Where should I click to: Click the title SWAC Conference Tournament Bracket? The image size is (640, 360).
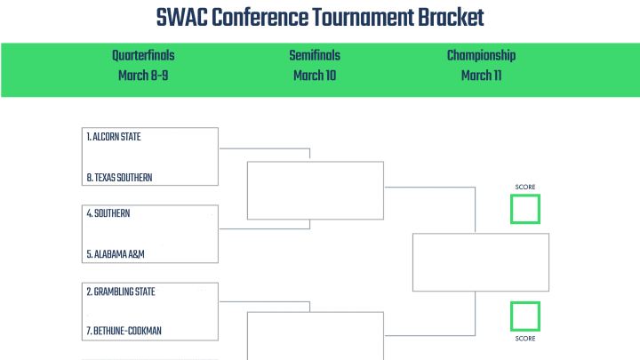(320, 18)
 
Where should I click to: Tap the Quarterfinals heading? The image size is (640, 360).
(143, 55)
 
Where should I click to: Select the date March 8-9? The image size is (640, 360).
(143, 76)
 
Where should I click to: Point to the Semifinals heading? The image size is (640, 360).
(315, 55)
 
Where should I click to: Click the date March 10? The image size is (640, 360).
(315, 76)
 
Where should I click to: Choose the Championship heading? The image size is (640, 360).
(481, 55)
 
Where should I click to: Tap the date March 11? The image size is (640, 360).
(481, 76)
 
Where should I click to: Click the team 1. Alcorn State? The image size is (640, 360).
(114, 137)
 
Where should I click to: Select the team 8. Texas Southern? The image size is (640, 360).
(119, 178)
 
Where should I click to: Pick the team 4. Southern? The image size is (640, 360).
(108, 213)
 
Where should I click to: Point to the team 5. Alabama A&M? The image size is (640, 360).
(116, 254)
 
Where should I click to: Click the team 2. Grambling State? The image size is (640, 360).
(121, 292)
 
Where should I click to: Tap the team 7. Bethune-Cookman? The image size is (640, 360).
(124, 331)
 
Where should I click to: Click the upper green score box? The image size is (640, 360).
(525, 196)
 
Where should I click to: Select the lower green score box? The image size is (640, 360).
(525, 303)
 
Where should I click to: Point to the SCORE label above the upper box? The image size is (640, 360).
(525, 187)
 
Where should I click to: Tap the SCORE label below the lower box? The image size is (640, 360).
(525, 339)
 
